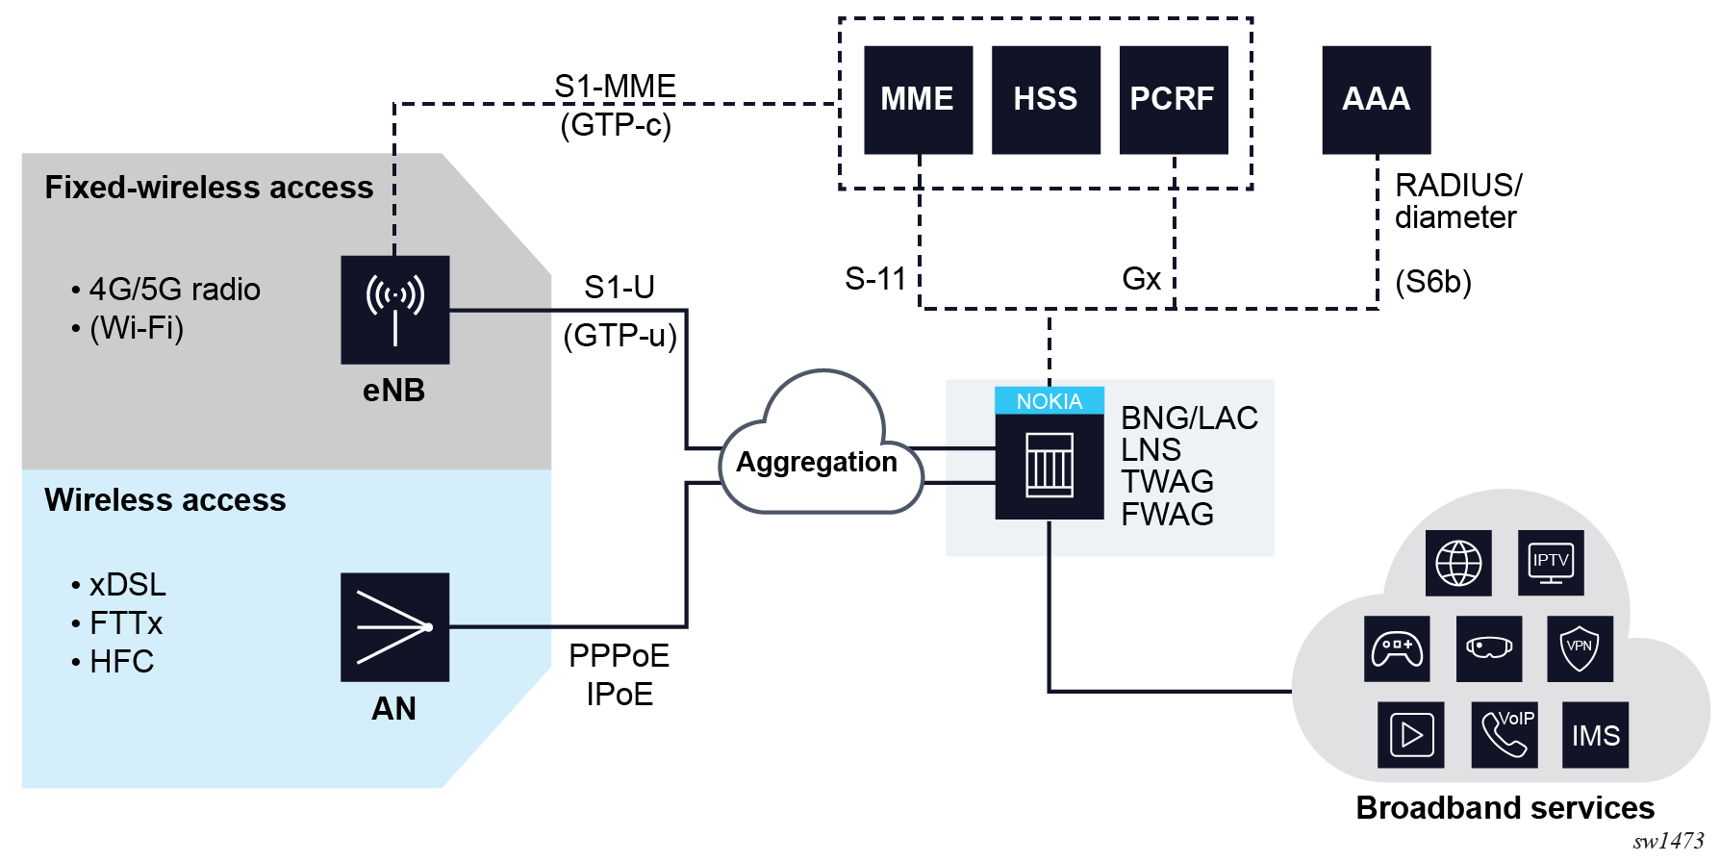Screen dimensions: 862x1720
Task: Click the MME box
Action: pyautogui.click(x=918, y=99)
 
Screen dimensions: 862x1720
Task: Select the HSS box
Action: pyautogui.click(x=1046, y=99)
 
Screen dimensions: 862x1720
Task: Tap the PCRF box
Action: pyautogui.click(x=1173, y=99)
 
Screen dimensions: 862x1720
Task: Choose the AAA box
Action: pyautogui.click(x=1376, y=99)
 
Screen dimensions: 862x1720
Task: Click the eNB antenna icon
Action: pyautogui.click(x=394, y=309)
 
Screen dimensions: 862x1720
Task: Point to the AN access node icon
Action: pyautogui.click(x=394, y=627)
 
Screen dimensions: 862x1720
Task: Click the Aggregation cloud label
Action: pyautogui.click(x=817, y=463)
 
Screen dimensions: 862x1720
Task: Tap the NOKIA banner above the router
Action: pyautogui.click(x=1049, y=401)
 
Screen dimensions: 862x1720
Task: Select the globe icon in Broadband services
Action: pyautogui.click(x=1458, y=563)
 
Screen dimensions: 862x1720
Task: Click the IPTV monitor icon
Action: pyautogui.click(x=1551, y=563)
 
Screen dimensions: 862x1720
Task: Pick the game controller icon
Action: pyautogui.click(x=1397, y=649)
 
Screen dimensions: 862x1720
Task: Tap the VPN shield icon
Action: pyautogui.click(x=1580, y=649)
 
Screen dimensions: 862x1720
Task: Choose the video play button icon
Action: pyautogui.click(x=1411, y=735)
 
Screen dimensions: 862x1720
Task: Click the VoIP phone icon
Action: pyautogui.click(x=1505, y=735)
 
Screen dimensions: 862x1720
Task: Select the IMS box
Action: pyautogui.click(x=1596, y=735)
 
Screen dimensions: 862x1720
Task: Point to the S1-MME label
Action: pyautogui.click(x=615, y=87)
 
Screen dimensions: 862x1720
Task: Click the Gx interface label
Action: pyautogui.click(x=1142, y=279)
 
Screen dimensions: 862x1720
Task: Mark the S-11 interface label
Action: pyautogui.click(x=875, y=279)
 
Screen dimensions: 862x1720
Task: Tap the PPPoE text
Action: pyautogui.click(x=619, y=656)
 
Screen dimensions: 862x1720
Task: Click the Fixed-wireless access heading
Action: pyautogui.click(x=209, y=187)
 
